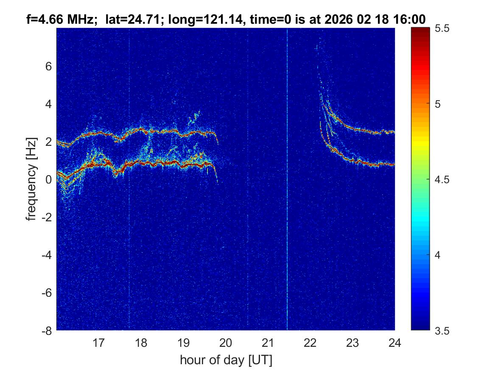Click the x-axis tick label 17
pyautogui.click(x=99, y=343)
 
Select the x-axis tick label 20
pyautogui.click(x=226, y=343)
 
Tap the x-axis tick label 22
pyautogui.click(x=310, y=343)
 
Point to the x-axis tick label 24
pyautogui.click(x=394, y=343)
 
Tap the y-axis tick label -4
pyautogui.click(x=47, y=255)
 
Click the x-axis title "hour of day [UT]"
pyautogui.click(x=226, y=360)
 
